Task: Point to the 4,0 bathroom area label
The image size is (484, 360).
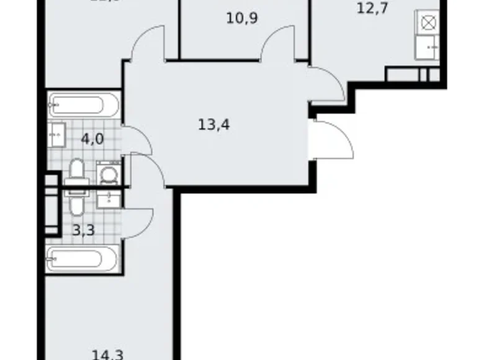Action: coord(92,138)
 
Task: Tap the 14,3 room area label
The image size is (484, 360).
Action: coord(107,354)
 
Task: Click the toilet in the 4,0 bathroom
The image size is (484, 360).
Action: coord(77,171)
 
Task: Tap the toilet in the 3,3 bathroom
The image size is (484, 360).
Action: coord(77,202)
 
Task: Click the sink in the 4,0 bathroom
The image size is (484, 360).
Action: coord(56,132)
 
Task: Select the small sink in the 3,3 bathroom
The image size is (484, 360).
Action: coord(109,198)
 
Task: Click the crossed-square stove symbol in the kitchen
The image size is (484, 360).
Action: coord(428,23)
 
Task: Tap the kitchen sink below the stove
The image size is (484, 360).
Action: coord(429,45)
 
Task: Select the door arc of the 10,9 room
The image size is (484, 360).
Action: coord(277,47)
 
